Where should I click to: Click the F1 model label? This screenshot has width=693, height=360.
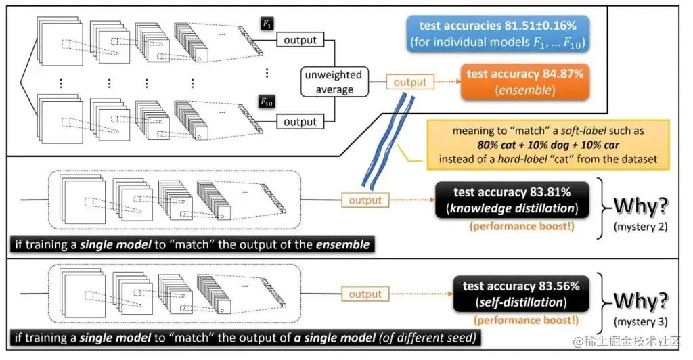[267, 24]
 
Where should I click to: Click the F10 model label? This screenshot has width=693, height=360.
[266, 102]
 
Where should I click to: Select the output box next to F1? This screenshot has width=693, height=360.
[300, 40]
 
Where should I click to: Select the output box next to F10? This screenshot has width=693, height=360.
[300, 122]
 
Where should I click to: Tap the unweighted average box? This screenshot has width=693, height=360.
[334, 82]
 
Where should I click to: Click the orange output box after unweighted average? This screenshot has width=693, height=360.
[409, 82]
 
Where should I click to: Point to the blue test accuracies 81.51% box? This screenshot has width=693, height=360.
[497, 34]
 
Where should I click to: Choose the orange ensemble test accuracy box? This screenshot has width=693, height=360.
[525, 82]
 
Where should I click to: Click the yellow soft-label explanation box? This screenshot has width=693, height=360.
[548, 145]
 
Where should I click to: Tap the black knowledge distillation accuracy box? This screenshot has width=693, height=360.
[512, 200]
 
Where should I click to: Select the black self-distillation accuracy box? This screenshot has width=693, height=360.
[521, 294]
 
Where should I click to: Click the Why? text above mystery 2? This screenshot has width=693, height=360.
[640, 206]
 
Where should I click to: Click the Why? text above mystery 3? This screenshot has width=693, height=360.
[640, 301]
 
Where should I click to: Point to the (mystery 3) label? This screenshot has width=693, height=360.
[640, 322]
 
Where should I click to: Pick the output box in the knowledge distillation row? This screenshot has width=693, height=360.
[365, 200]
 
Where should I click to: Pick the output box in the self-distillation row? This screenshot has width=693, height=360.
[365, 294]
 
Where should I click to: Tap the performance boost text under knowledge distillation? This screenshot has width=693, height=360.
[522, 227]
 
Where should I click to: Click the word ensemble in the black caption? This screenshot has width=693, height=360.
[342, 244]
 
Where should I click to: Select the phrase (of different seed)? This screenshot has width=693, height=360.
[428, 338]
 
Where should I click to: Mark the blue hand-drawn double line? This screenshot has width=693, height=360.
[388, 139]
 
